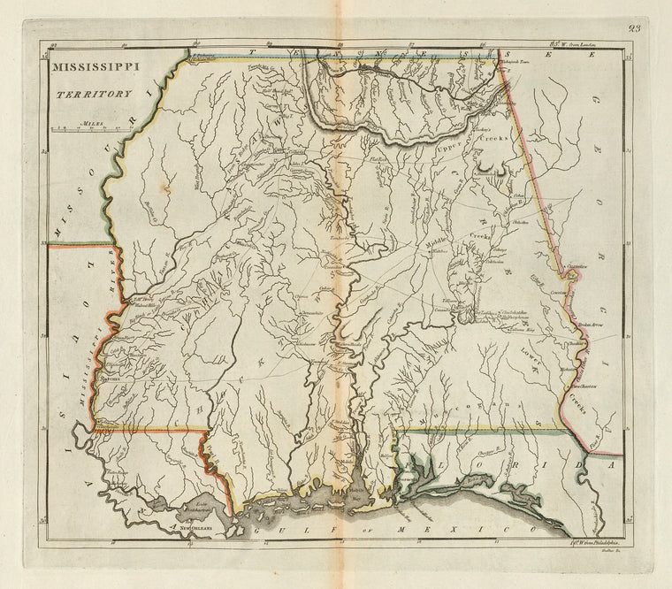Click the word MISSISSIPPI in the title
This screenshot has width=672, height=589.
[x=98, y=67]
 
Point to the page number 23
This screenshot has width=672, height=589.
[x=635, y=28]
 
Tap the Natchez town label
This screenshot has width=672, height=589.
[x=110, y=379]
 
